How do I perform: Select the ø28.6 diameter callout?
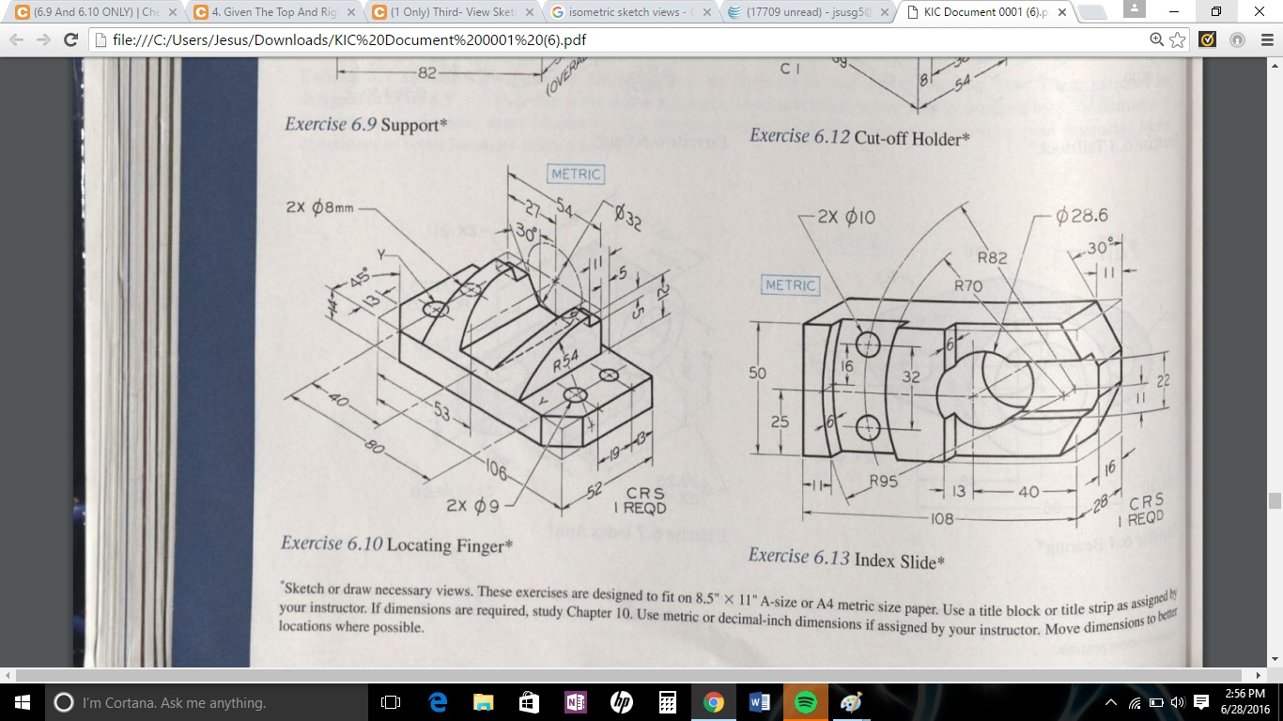coord(1082,216)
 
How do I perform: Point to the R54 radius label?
coord(565,361)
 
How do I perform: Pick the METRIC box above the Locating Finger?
coord(576,175)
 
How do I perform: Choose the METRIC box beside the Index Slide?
coord(791,285)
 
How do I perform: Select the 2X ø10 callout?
coord(845,217)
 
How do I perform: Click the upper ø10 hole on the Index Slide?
coord(868,345)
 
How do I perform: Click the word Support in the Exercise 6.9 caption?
coord(410,125)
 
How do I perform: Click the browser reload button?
coord(70,40)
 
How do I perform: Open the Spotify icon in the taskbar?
coord(805,702)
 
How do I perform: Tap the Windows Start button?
coord(22,702)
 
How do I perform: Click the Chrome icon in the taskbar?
coord(714,702)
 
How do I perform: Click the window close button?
coord(1258,12)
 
